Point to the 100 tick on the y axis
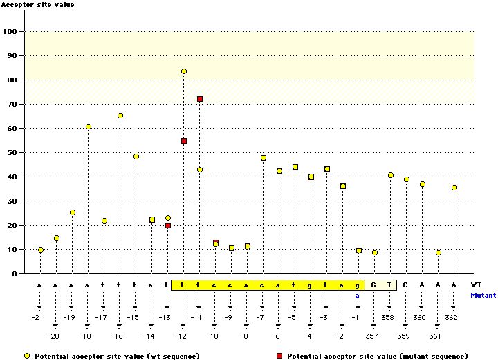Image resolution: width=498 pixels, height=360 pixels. coord(12,31)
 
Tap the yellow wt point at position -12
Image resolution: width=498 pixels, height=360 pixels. coord(184,71)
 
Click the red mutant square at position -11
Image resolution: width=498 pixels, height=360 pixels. coord(200,99)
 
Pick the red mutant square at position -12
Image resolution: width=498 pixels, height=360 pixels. coord(184,141)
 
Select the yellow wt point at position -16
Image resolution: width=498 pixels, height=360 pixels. coord(120,116)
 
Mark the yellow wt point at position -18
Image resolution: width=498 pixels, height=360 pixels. coord(89,127)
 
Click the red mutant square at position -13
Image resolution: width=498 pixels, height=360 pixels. coord(168,226)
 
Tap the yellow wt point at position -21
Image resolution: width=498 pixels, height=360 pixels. coord(41,250)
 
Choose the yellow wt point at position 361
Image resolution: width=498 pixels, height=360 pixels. coord(439,253)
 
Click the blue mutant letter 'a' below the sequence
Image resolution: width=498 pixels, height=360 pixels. coord(358,295)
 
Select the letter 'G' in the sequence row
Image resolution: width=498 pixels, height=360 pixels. coord(373,285)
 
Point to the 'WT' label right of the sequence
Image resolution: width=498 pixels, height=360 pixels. coord(476,285)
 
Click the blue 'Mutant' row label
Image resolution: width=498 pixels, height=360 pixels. coord(483,295)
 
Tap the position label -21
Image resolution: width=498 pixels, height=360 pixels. coord(38,317)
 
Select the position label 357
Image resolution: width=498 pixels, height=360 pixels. coord(373,336)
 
